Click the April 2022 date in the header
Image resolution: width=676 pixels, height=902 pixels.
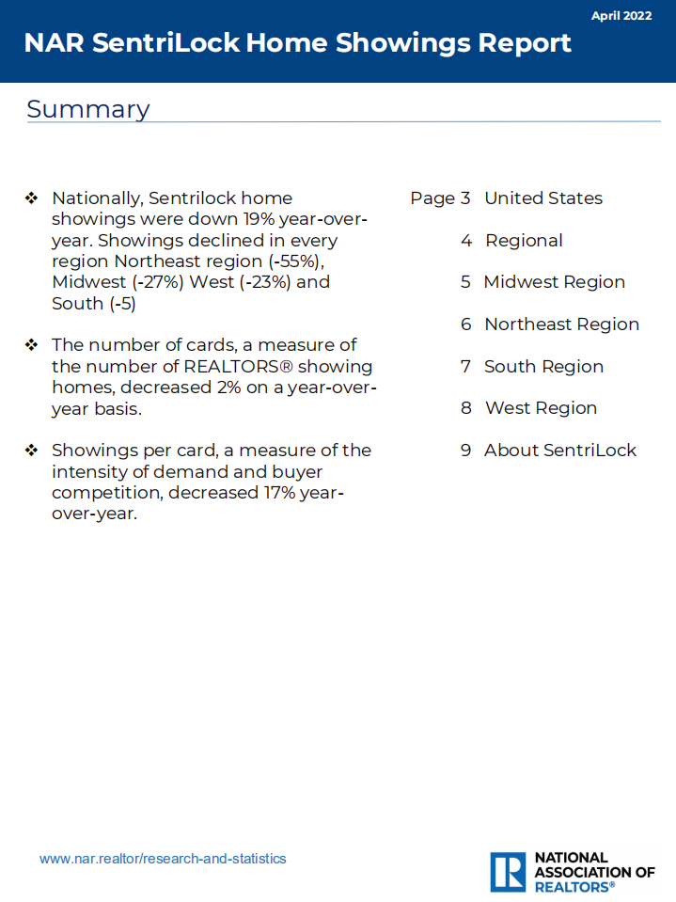[621, 16]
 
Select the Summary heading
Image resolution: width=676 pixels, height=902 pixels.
[87, 109]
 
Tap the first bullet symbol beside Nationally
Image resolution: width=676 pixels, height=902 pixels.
[32, 198]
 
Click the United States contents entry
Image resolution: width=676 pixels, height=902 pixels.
[542, 198]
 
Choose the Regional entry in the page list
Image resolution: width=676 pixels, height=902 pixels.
[524, 241]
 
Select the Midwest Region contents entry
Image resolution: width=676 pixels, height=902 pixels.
[554, 282]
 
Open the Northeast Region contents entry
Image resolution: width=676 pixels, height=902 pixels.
[561, 324]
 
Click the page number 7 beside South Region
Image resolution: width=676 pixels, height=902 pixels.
[465, 367]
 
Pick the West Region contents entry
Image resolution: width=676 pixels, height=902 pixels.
[541, 408]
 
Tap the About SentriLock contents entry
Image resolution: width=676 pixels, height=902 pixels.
[559, 451]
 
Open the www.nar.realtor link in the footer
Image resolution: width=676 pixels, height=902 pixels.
[163, 859]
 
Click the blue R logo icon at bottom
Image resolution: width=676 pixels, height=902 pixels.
[508, 872]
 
